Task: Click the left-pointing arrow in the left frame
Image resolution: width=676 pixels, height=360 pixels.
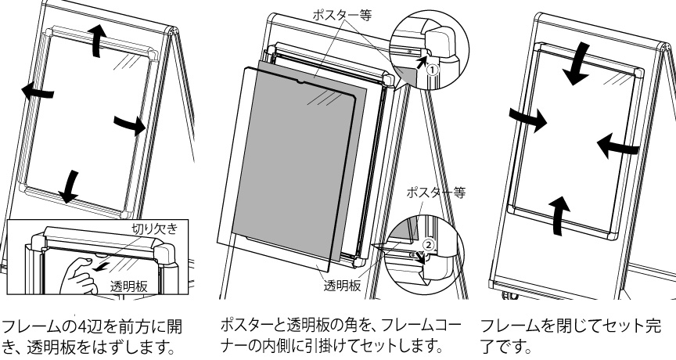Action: click(38, 92)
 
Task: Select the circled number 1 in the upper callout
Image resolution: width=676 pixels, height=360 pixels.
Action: click(430, 68)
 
